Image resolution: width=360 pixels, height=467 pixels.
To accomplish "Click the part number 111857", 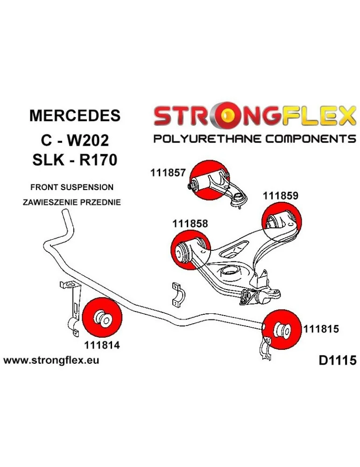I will click(169, 173).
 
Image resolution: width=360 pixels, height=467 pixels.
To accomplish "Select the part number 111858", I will click(190, 223).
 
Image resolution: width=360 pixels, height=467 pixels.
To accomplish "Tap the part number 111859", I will click(280, 196).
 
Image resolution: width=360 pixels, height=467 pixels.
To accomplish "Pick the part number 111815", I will click(321, 328).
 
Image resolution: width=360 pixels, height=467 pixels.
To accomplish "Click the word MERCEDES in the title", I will click(75, 115).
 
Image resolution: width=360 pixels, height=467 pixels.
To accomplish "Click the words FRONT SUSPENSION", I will click(71, 187).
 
